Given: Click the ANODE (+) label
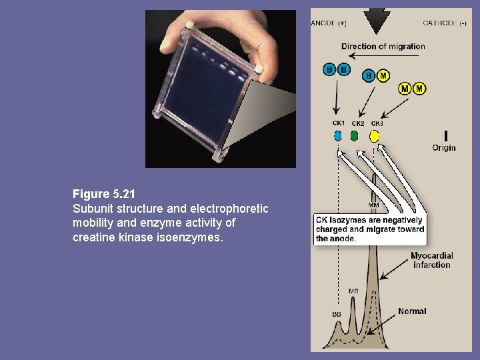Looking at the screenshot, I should click(x=329, y=23).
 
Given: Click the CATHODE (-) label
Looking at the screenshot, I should click(x=445, y=23).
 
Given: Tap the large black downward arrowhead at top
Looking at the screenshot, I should click(x=378, y=20).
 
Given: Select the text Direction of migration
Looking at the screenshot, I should click(x=383, y=46).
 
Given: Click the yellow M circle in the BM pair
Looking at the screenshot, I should click(x=383, y=76).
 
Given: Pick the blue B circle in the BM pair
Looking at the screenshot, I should click(x=369, y=76).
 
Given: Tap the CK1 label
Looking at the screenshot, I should click(x=339, y=123).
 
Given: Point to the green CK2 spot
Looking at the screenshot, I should click(x=355, y=135).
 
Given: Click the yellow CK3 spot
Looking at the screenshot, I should click(x=375, y=136).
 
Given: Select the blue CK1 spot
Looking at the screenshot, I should click(x=338, y=135).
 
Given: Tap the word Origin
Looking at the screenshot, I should click(x=444, y=147).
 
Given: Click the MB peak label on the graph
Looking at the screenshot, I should click(x=353, y=291).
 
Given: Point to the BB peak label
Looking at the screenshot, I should click(x=337, y=313).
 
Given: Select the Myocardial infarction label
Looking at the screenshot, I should click(x=431, y=260).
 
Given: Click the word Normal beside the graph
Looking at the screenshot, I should click(x=412, y=311).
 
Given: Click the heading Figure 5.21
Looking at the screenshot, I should click(x=104, y=194).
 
